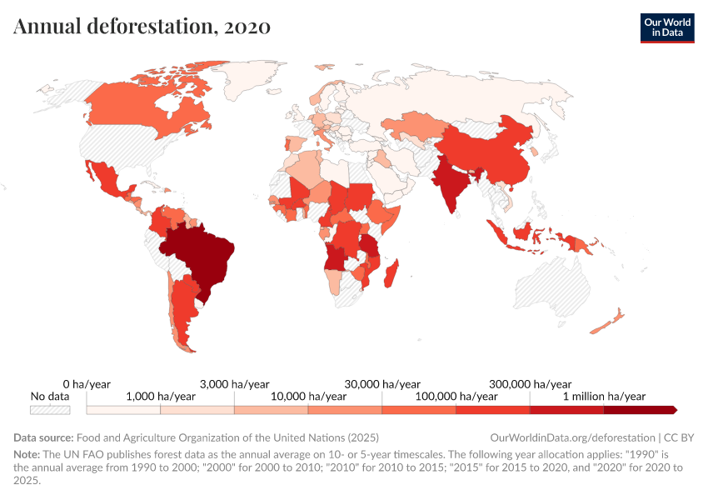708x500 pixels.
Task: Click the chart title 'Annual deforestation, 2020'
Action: coord(142,26)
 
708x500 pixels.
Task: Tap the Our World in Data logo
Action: coord(666,27)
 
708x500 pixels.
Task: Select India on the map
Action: coord(451,187)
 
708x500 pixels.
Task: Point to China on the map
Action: coord(491,154)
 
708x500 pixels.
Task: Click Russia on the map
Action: coord(466,92)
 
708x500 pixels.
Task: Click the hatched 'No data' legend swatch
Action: coord(50,410)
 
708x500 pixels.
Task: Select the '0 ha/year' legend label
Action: coord(87,384)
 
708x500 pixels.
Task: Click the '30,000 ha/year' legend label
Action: coord(381,384)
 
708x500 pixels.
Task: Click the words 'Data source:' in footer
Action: coord(43,437)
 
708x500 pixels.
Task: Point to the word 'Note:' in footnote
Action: coord(28,455)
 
